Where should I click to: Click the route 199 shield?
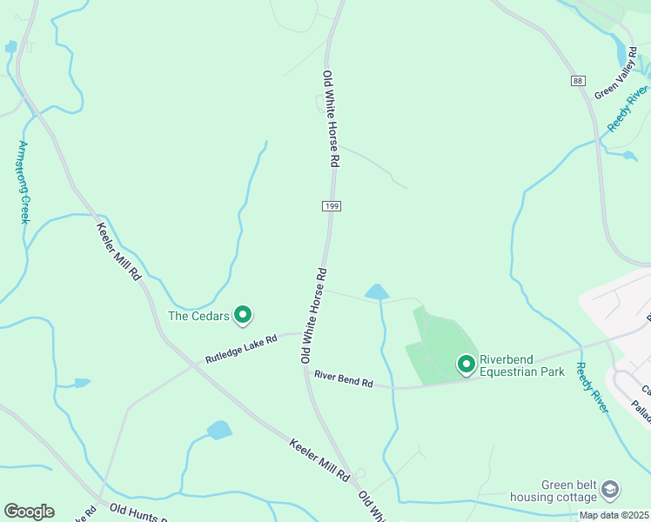(x=331, y=206)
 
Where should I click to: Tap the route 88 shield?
(x=578, y=81)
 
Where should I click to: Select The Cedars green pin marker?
(x=244, y=315)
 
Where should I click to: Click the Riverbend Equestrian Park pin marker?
(x=466, y=363)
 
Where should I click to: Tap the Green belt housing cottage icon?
(x=610, y=490)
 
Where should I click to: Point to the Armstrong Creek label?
(x=24, y=182)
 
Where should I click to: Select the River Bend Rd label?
(x=343, y=379)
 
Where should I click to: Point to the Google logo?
(x=29, y=512)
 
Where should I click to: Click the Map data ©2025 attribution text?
(x=614, y=515)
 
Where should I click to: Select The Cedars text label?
(x=198, y=316)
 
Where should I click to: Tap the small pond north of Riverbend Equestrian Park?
(x=377, y=291)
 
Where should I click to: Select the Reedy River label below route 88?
(x=628, y=109)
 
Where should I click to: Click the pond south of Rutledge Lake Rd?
(x=219, y=430)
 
